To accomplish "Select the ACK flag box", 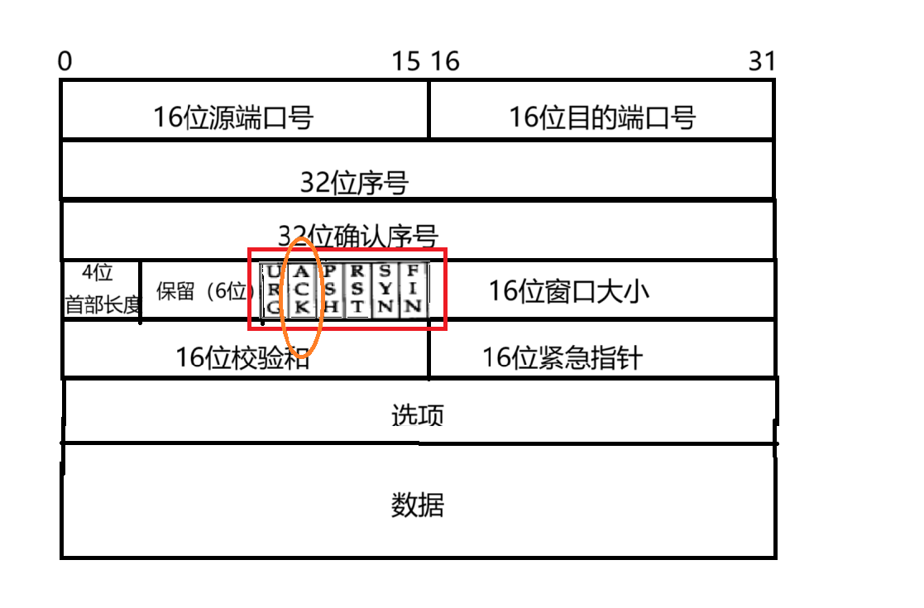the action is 303,290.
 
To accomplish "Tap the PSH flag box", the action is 330,290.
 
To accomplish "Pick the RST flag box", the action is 357,290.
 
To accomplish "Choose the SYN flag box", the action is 385,290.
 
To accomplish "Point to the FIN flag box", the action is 414,290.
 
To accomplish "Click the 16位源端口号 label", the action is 233,117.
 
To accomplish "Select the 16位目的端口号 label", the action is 601,117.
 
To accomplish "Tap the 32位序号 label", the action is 354,182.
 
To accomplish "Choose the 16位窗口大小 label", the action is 568,291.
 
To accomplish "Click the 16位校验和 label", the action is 242,357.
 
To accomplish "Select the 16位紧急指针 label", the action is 563,357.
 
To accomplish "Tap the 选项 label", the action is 417,414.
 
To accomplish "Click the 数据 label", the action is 417,504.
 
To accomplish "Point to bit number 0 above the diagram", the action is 65,62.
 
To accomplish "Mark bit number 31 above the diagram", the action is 762,62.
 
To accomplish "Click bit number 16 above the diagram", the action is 445,62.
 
